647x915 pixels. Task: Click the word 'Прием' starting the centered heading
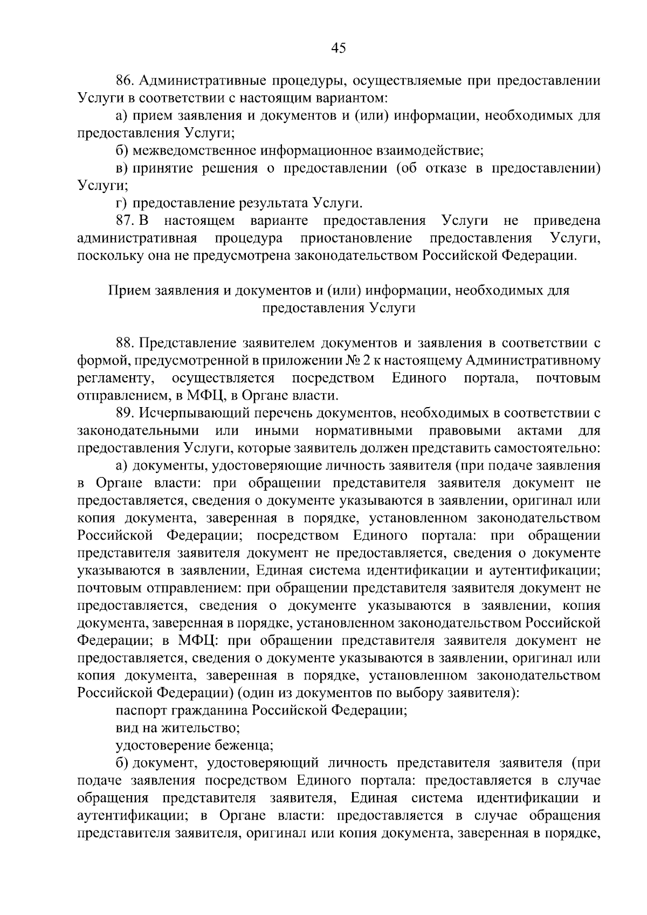(130, 291)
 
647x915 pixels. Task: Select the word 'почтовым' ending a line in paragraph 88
(568, 378)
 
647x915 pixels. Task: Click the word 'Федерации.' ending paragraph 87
(539, 256)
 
